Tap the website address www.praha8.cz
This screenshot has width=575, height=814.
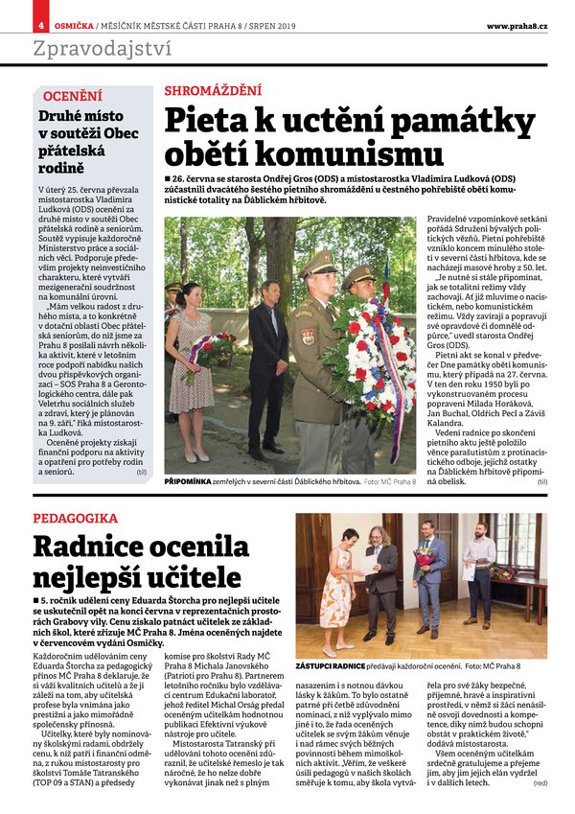coord(517,25)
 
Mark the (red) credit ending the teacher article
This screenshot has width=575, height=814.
coord(541,783)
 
